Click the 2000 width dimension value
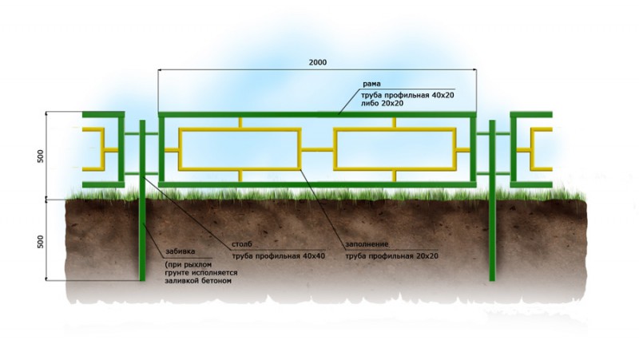[317, 62]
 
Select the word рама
[371, 84]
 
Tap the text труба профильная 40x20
[407, 95]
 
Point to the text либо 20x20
[382, 104]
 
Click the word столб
[242, 244]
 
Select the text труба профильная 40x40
[278, 256]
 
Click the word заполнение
[367, 244]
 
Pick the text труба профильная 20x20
[391, 256]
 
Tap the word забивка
[181, 251]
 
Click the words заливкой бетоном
[198, 281]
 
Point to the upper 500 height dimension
[41, 156]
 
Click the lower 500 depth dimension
[41, 242]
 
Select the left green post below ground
[142, 240]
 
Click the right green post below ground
[492, 240]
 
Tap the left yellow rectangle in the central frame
[240, 129]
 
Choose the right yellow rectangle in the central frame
[395, 129]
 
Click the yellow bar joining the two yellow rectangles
[317, 150]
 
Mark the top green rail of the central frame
[317, 114]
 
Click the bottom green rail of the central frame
[317, 184]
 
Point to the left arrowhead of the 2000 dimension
[161, 70]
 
